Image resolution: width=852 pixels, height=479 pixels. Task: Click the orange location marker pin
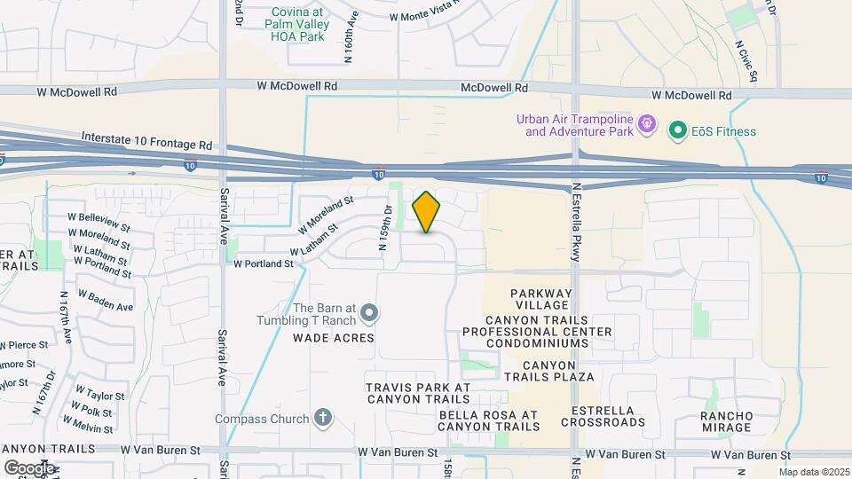pyautogui.click(x=427, y=211)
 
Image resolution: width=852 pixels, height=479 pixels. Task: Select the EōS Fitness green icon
pyautogui.click(x=679, y=131)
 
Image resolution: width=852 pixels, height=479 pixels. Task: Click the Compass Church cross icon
pyautogui.click(x=323, y=419)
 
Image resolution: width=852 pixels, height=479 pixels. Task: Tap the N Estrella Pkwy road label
pyautogui.click(x=576, y=223)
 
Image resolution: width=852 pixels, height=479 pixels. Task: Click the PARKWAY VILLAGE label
pyautogui.click(x=541, y=300)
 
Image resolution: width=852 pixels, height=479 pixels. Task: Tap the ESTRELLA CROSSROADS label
pyautogui.click(x=608, y=416)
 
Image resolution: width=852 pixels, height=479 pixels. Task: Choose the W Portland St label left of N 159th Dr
pyautogui.click(x=263, y=263)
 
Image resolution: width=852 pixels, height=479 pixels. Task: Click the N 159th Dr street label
pyautogui.click(x=387, y=228)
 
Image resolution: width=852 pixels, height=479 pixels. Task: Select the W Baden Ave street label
pyautogui.click(x=106, y=300)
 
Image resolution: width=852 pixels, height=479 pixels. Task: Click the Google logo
pyautogui.click(x=28, y=467)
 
